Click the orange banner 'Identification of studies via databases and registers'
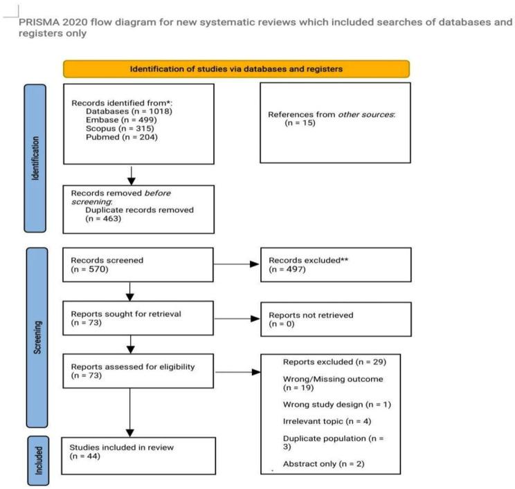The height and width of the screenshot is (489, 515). [236, 68]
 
